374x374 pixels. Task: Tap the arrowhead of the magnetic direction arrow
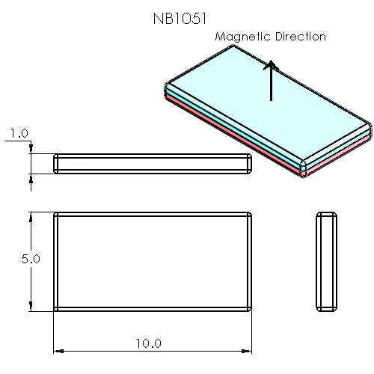tap(271, 65)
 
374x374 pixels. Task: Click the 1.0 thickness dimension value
tap(19, 134)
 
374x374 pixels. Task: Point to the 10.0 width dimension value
tap(148, 343)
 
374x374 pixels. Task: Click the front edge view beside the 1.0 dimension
tap(153, 163)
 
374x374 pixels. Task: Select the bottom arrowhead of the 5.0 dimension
tap(30, 307)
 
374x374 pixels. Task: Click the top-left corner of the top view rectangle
tap(55, 213)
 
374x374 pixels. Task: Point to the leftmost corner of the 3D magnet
tap(164, 88)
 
